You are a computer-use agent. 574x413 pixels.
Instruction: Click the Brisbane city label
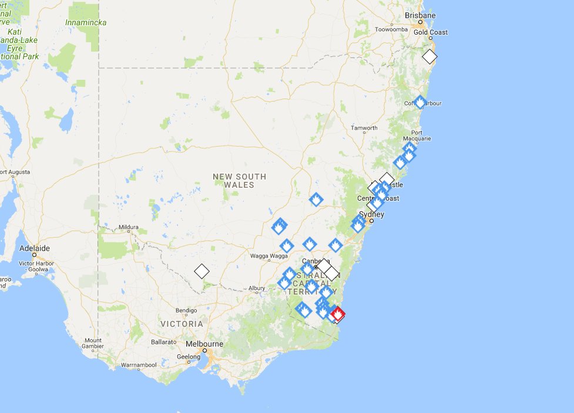tap(421, 15)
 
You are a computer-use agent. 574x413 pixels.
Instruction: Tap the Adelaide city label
tap(35, 248)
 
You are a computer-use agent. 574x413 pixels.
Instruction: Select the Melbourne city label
tap(204, 344)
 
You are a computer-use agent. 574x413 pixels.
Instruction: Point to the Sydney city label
tap(372, 215)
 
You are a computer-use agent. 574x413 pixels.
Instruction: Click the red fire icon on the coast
tap(338, 314)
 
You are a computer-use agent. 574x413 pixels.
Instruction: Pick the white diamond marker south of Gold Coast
tap(430, 57)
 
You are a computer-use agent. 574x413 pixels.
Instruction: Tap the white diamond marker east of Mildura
tap(202, 271)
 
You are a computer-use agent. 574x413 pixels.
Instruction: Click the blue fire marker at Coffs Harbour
tap(419, 102)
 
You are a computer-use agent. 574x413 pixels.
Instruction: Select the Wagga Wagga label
tap(270, 256)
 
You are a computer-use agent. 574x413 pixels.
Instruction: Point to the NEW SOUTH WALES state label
tap(239, 181)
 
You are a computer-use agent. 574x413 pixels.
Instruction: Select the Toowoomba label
tap(391, 29)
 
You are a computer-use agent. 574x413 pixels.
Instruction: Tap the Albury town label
tap(256, 288)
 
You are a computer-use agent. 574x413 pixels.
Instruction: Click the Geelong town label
tap(189, 356)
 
